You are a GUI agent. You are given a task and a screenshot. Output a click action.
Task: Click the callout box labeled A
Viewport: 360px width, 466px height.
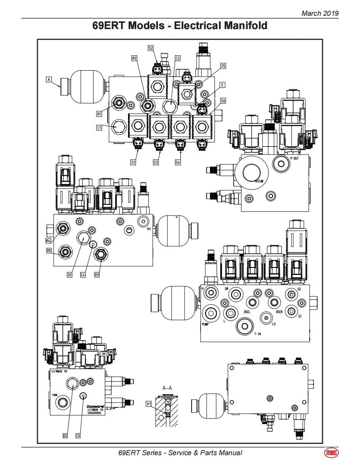point(49,78)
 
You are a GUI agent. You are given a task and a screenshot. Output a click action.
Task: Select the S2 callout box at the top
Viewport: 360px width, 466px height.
point(150,48)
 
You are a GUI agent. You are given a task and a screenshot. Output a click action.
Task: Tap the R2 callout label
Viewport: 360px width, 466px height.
point(134,59)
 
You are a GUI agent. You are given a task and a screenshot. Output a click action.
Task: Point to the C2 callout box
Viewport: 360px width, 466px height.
point(178,58)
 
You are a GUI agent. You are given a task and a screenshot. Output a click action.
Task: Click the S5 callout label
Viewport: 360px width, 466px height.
point(223,66)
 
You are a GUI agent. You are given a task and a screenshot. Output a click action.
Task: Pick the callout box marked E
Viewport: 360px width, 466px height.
point(223,85)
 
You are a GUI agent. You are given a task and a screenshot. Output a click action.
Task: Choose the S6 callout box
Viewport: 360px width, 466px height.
point(223,101)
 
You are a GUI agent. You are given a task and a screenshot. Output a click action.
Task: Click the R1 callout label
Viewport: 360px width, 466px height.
point(99,113)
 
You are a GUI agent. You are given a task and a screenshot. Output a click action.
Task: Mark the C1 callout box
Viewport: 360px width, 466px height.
point(99,128)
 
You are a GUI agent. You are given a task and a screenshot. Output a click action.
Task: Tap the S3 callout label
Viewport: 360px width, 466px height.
point(155,162)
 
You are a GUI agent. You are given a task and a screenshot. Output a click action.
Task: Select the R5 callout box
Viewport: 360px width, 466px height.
point(49,250)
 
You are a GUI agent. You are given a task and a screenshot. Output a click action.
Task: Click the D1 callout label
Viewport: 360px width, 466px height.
point(70,275)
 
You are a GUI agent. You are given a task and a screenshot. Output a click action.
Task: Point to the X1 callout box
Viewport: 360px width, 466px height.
point(149,403)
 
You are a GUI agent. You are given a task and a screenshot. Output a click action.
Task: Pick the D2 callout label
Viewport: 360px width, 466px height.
point(65,436)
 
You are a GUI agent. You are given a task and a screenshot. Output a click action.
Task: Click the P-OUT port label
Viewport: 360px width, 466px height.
point(294,158)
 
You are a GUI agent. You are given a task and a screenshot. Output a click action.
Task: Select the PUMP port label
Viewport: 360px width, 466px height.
point(205,324)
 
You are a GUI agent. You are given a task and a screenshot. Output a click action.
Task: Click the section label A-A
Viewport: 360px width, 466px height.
point(167,388)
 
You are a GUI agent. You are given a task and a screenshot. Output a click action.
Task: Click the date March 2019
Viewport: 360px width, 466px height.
point(320,13)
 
